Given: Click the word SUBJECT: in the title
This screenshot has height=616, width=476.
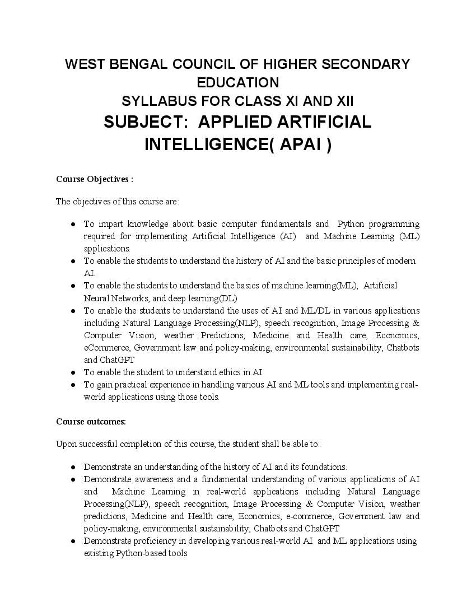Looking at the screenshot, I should pos(146,122).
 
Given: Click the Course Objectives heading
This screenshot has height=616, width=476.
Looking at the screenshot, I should pos(94,179).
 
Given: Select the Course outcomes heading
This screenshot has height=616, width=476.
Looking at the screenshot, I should pos(91,421).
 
